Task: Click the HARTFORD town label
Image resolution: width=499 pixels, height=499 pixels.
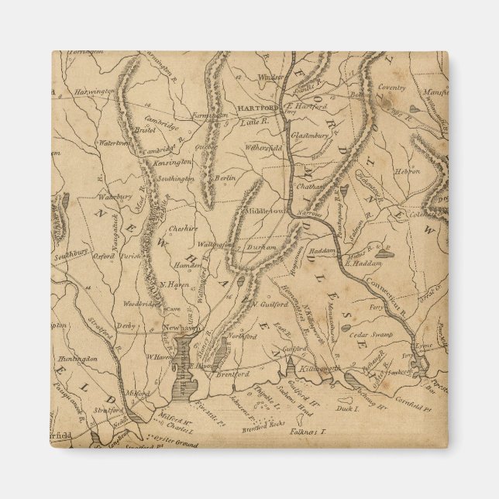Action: coord(260,107)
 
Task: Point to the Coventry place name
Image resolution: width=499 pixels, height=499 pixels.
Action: coord(391,88)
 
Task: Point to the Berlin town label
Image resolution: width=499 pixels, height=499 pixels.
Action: coord(225,177)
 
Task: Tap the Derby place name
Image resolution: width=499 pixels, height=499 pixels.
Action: coord(126,327)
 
